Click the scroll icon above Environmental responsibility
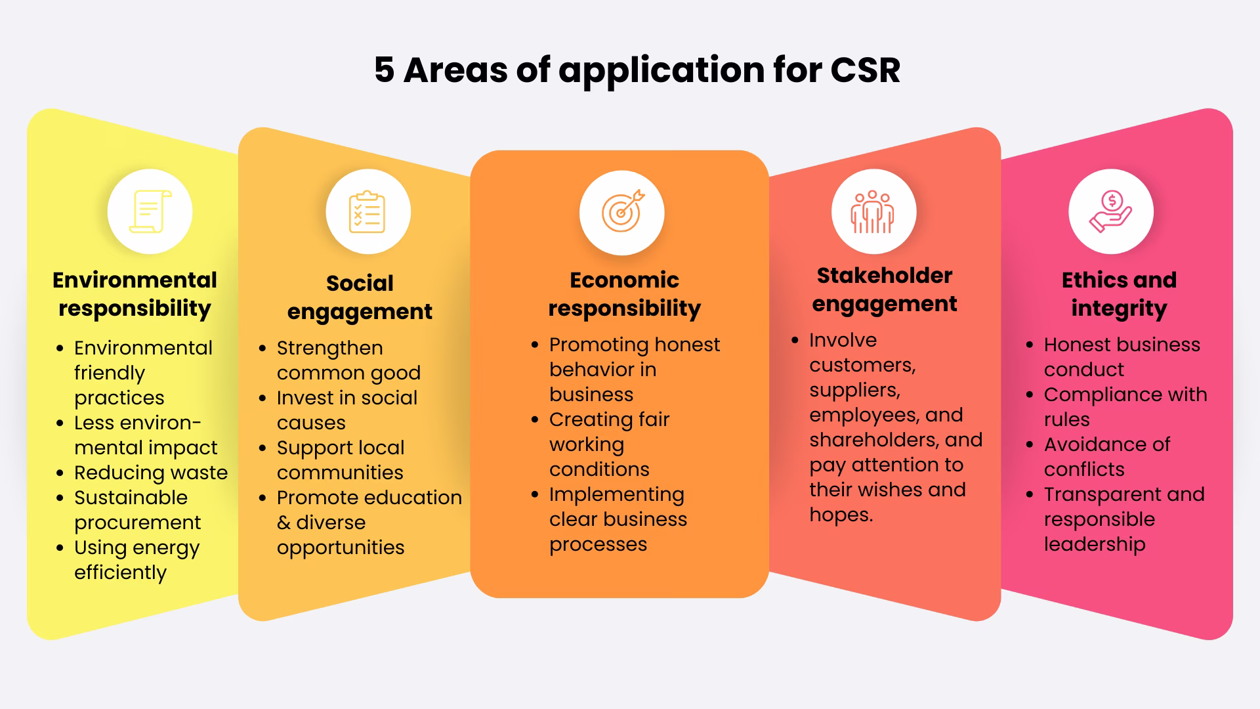(x=150, y=211)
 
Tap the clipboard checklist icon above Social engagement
(x=367, y=212)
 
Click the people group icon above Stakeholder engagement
(x=872, y=212)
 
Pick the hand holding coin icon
(x=1110, y=211)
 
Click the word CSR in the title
(x=865, y=70)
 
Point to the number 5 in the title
(x=384, y=70)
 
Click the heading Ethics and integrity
(x=1119, y=294)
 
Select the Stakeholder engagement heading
(x=884, y=290)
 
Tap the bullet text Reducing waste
(x=150, y=473)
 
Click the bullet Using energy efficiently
(x=136, y=560)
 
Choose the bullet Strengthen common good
(x=348, y=360)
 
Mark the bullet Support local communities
(x=340, y=460)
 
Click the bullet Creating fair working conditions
(x=608, y=444)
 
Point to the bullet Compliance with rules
(x=1125, y=407)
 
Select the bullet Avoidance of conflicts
(x=1106, y=457)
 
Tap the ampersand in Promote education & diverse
(x=283, y=523)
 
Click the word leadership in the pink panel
(x=1094, y=544)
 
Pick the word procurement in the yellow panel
(x=137, y=523)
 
